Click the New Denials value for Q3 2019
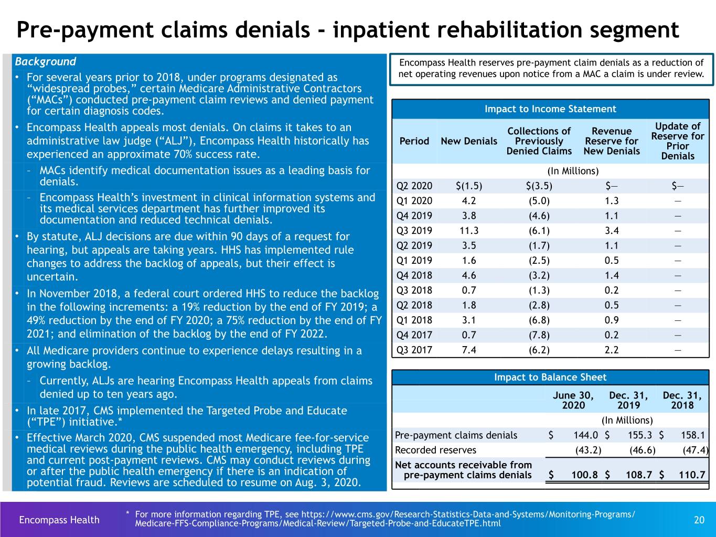[x=469, y=231]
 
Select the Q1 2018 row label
[x=414, y=320]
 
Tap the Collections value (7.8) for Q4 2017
[x=539, y=335]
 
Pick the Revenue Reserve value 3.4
[x=612, y=231]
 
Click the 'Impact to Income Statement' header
[x=550, y=109]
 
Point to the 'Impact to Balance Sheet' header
[x=550, y=377]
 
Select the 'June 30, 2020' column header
[x=573, y=400]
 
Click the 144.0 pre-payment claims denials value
[x=586, y=435]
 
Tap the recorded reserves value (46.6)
[x=642, y=450]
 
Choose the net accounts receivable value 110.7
[x=692, y=475]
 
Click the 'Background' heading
[x=45, y=62]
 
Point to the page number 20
[x=699, y=520]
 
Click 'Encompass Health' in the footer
[x=59, y=520]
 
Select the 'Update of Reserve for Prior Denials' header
[x=678, y=141]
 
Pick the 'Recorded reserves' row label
[x=435, y=450]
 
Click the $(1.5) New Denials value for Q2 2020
[x=469, y=186]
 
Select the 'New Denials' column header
[x=469, y=141]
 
